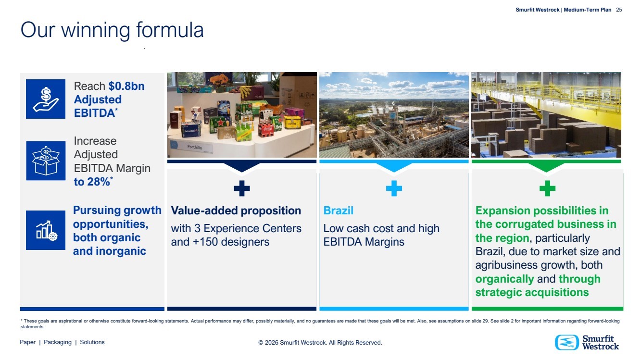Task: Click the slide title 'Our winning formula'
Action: tap(112, 30)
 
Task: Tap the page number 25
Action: tap(619, 10)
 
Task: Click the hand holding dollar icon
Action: tap(46, 99)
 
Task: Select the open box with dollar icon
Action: tap(46, 161)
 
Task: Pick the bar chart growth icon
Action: tap(46, 230)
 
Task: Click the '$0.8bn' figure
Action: tap(126, 86)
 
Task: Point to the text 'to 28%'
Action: tap(92, 182)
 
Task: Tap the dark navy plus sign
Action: tap(242, 188)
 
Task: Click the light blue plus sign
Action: tap(394, 188)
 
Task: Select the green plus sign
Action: tap(547, 188)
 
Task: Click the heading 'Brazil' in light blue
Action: tap(338, 211)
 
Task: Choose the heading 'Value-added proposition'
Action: tap(236, 211)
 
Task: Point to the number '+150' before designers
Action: tap(205, 242)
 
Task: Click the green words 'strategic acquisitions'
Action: tap(532, 293)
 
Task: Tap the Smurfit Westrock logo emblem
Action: tap(566, 342)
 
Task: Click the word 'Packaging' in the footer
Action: tap(58, 342)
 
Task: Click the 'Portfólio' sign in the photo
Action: tap(195, 147)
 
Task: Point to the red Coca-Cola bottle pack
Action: tap(266, 128)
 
